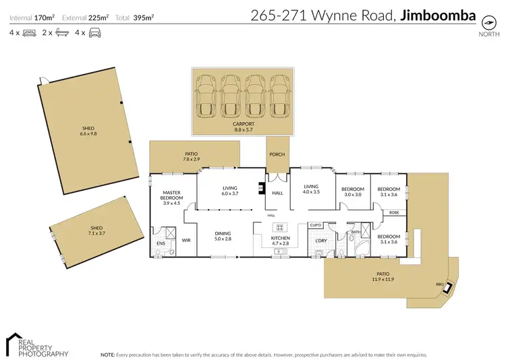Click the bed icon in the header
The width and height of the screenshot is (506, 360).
pyautogui.click(x=29, y=32)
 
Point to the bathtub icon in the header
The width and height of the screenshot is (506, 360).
pyautogui.click(x=61, y=32)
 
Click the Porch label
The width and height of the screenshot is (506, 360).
pyautogui.click(x=277, y=154)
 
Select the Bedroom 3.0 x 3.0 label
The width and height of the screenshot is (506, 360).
pyautogui.click(x=352, y=191)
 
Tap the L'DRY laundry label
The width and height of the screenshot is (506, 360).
pyautogui.click(x=321, y=240)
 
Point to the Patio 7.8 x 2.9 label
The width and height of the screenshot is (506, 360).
pyautogui.click(x=191, y=156)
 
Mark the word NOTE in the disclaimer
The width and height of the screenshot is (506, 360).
pyautogui.click(x=108, y=353)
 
